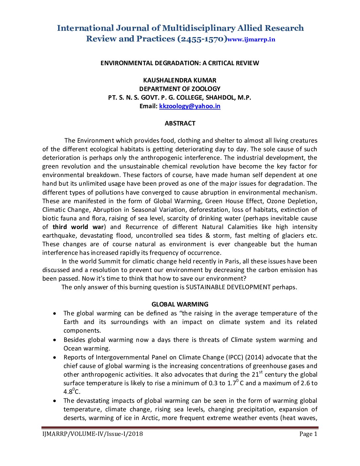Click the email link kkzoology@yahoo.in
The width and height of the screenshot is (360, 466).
(190, 106)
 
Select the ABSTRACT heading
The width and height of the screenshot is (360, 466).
(180, 123)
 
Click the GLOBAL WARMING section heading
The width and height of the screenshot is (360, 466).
(180, 304)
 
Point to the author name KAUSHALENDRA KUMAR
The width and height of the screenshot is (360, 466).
(180, 80)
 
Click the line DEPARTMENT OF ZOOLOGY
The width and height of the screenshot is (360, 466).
(180, 89)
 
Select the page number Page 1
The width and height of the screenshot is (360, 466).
(308, 434)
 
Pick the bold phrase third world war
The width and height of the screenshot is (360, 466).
(78, 227)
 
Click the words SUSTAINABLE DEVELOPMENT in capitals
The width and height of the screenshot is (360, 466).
(228, 287)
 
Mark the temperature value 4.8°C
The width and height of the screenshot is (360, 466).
(72, 392)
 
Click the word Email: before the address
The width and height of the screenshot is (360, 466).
(149, 106)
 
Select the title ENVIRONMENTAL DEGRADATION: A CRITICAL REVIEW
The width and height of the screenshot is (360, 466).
(180, 63)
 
